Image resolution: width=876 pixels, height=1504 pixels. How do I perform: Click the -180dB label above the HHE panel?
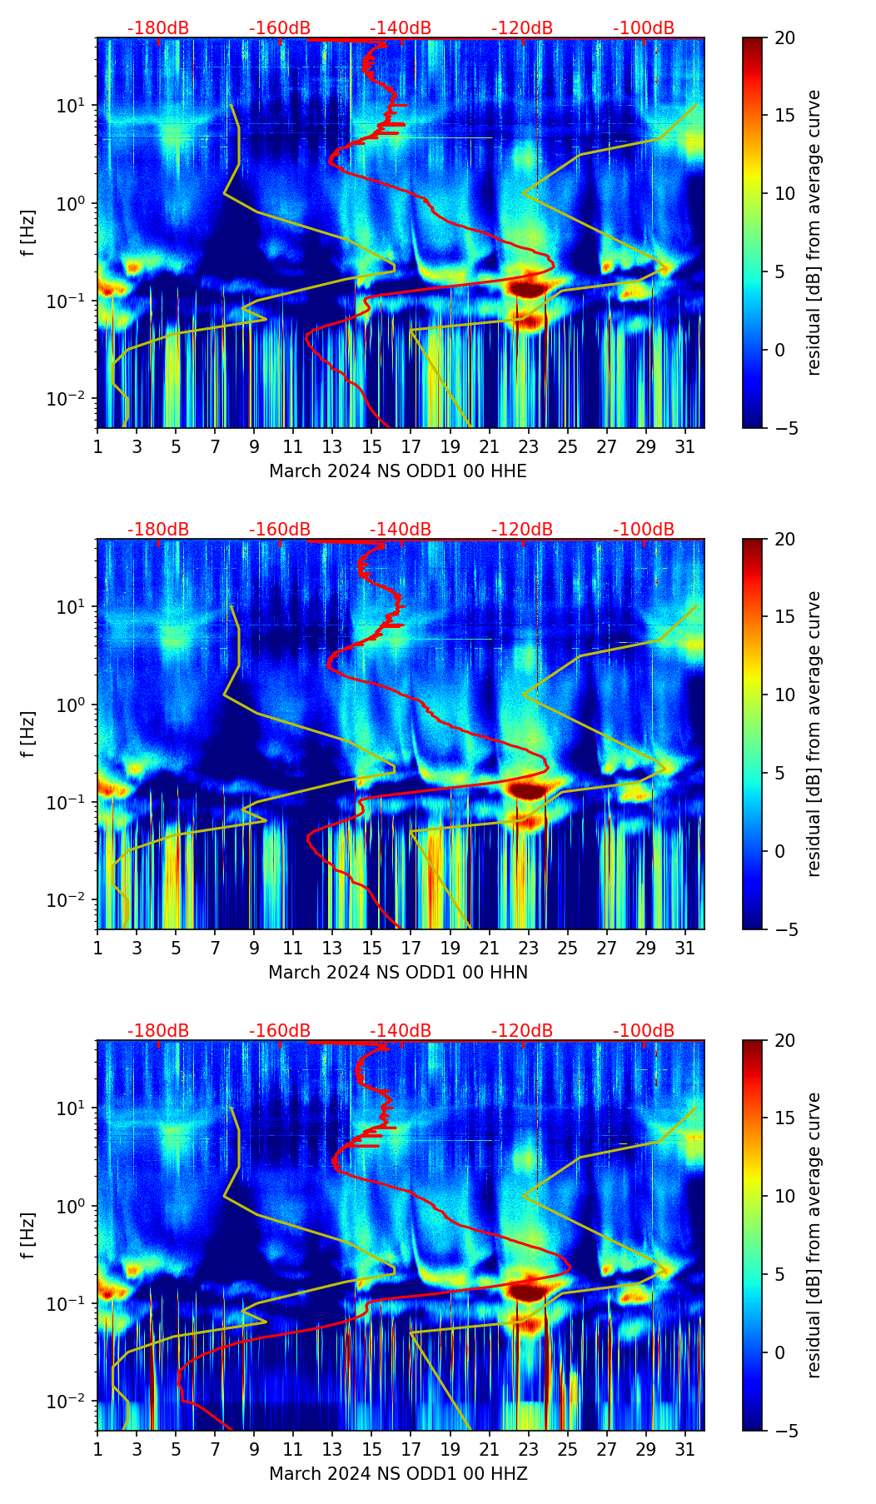[158, 28]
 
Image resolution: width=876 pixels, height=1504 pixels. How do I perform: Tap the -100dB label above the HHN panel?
[644, 530]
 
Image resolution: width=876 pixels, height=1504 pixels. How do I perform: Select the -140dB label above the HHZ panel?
[401, 1031]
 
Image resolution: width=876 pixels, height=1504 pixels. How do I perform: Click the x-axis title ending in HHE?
[397, 471]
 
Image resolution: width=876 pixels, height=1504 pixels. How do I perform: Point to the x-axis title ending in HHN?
[397, 973]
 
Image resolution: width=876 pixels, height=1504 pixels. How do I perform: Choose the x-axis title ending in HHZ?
[397, 1474]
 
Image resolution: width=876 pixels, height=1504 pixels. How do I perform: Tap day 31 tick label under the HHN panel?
[685, 948]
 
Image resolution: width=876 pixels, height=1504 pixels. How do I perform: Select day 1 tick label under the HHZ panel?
[97, 1449]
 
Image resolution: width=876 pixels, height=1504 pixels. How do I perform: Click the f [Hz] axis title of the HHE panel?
[28, 233]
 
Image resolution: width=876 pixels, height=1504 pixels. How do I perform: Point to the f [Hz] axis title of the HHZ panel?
[28, 1236]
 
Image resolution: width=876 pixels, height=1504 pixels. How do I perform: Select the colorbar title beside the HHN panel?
[814, 734]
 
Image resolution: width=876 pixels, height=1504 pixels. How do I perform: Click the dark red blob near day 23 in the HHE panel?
[528, 289]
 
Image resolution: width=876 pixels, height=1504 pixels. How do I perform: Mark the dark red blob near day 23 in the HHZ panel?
[528, 1292]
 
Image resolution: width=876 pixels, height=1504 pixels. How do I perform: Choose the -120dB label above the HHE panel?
[522, 28]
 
